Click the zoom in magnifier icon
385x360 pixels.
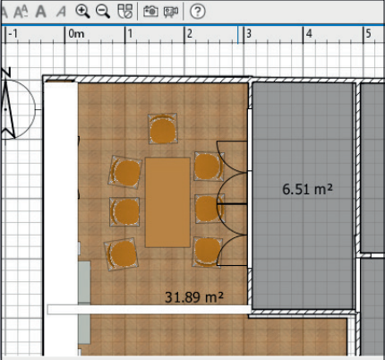pyautogui.click(x=82, y=12)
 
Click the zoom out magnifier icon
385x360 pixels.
pyautogui.click(x=103, y=12)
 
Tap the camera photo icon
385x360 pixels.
pyautogui.click(x=150, y=12)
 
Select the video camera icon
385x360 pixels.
pyautogui.click(x=171, y=12)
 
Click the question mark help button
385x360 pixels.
pyautogui.click(x=198, y=12)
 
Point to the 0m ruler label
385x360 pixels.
pyautogui.click(x=76, y=34)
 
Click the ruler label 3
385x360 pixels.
pyautogui.click(x=249, y=34)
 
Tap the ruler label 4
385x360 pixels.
pyautogui.click(x=309, y=34)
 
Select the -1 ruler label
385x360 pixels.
pyautogui.click(x=13, y=34)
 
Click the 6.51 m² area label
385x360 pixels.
pyautogui.click(x=307, y=189)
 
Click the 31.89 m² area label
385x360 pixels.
pyautogui.click(x=194, y=297)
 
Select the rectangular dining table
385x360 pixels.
pyautogui.click(x=167, y=202)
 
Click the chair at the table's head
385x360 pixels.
pyautogui.click(x=163, y=128)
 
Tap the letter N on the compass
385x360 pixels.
pyautogui.click(x=6, y=73)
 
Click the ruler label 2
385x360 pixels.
pyautogui.click(x=190, y=34)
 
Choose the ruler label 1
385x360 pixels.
pyautogui.click(x=130, y=34)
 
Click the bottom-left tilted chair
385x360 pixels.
pyautogui.click(x=122, y=254)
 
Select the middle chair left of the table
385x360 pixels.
pyautogui.click(x=124, y=211)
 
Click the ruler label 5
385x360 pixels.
pyautogui.click(x=369, y=34)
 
